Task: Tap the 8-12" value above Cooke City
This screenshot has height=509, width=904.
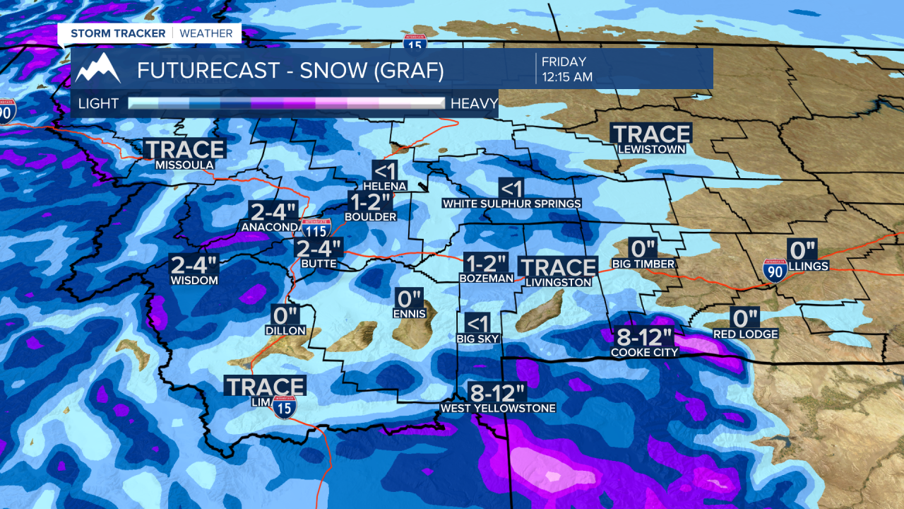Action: (643, 337)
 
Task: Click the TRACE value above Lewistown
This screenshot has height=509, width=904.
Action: (651, 134)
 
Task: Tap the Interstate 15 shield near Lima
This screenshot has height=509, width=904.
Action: (285, 405)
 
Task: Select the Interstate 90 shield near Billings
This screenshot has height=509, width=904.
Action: (775, 271)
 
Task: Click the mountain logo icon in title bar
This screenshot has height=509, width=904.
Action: (98, 69)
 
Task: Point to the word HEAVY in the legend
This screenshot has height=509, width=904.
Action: (474, 104)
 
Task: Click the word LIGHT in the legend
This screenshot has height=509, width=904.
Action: (98, 104)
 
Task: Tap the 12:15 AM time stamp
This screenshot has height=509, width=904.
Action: (566, 77)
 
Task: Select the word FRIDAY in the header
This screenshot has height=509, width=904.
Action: (564, 62)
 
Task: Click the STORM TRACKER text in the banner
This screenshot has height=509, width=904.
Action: (118, 33)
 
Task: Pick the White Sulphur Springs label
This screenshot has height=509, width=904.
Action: (511, 204)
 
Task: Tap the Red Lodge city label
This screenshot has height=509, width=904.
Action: (745, 334)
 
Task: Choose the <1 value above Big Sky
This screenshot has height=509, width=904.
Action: (478, 324)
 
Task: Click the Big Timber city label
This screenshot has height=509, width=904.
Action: (643, 264)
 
